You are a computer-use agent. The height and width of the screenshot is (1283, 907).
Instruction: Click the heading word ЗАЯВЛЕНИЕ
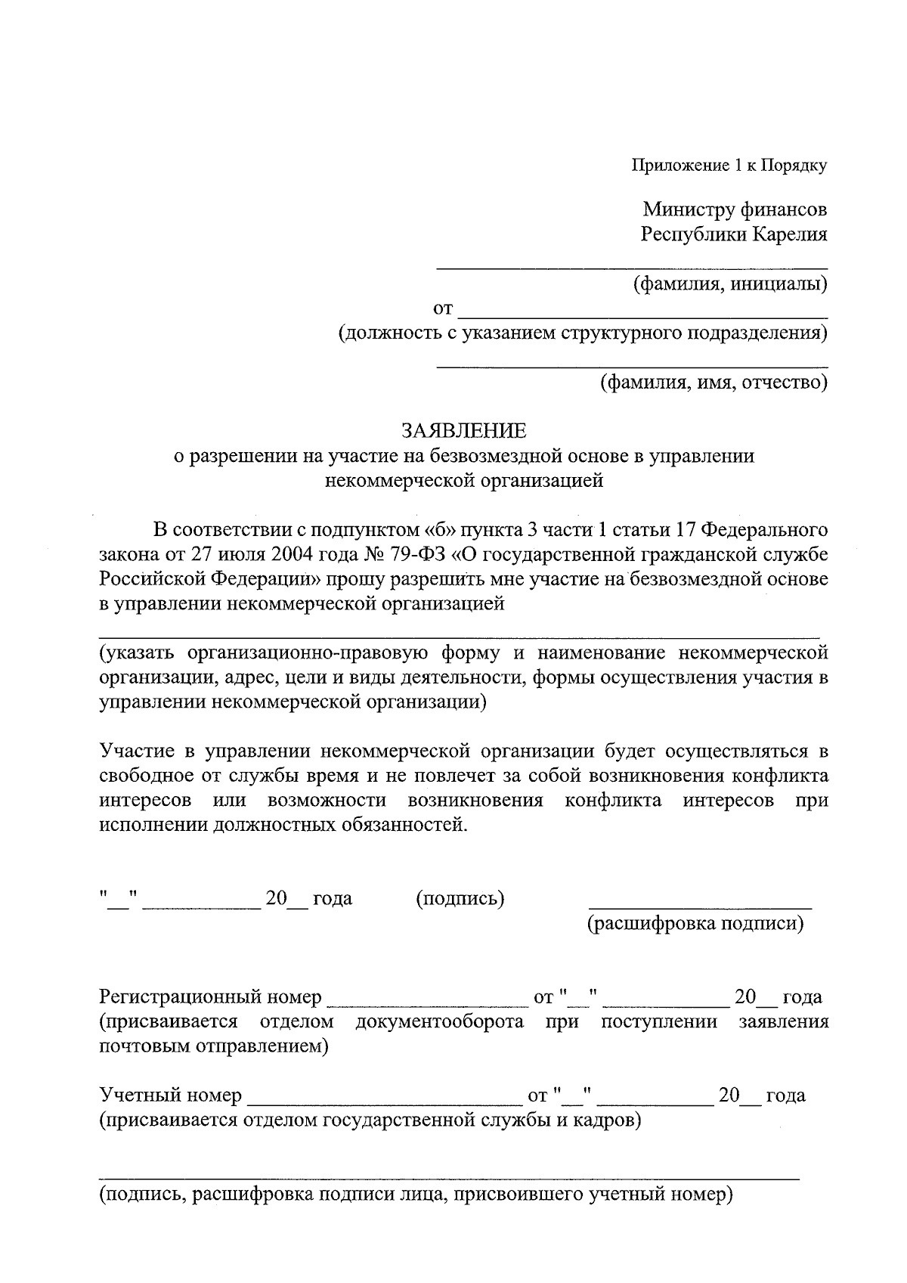click(463, 431)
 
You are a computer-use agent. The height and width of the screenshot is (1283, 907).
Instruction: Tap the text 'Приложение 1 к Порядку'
click(729, 166)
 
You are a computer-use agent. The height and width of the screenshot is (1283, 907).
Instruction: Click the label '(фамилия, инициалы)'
click(729, 284)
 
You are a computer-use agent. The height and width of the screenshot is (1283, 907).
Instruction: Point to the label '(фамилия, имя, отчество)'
click(713, 383)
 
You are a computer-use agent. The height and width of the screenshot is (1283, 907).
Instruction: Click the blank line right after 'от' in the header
click(643, 315)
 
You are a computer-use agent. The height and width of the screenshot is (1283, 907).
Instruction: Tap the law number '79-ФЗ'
click(419, 554)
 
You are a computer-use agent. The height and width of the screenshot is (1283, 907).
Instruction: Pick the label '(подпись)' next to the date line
click(460, 898)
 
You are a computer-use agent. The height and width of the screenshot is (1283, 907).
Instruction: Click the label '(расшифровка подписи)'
click(695, 923)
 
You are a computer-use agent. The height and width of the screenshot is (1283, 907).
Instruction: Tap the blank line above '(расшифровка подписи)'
click(700, 905)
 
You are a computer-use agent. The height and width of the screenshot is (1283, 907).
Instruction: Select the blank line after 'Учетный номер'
click(381, 1103)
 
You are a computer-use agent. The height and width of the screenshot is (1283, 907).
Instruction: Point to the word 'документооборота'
click(440, 1022)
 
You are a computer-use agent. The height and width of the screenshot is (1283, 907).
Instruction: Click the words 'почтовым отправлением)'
click(214, 1047)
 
